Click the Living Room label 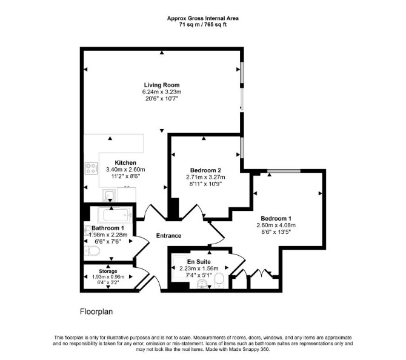162,85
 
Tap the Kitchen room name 125,162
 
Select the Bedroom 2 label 205,170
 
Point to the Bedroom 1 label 276,218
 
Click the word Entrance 168,235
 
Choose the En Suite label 199,262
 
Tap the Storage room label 108,271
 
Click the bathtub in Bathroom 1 115,215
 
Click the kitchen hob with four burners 92,168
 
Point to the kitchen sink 110,195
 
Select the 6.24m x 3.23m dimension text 162,92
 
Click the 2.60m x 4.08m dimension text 276,225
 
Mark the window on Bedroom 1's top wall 284,171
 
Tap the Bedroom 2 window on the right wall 242,148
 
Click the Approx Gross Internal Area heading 203,18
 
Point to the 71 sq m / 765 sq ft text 203,25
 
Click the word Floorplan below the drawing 96,312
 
